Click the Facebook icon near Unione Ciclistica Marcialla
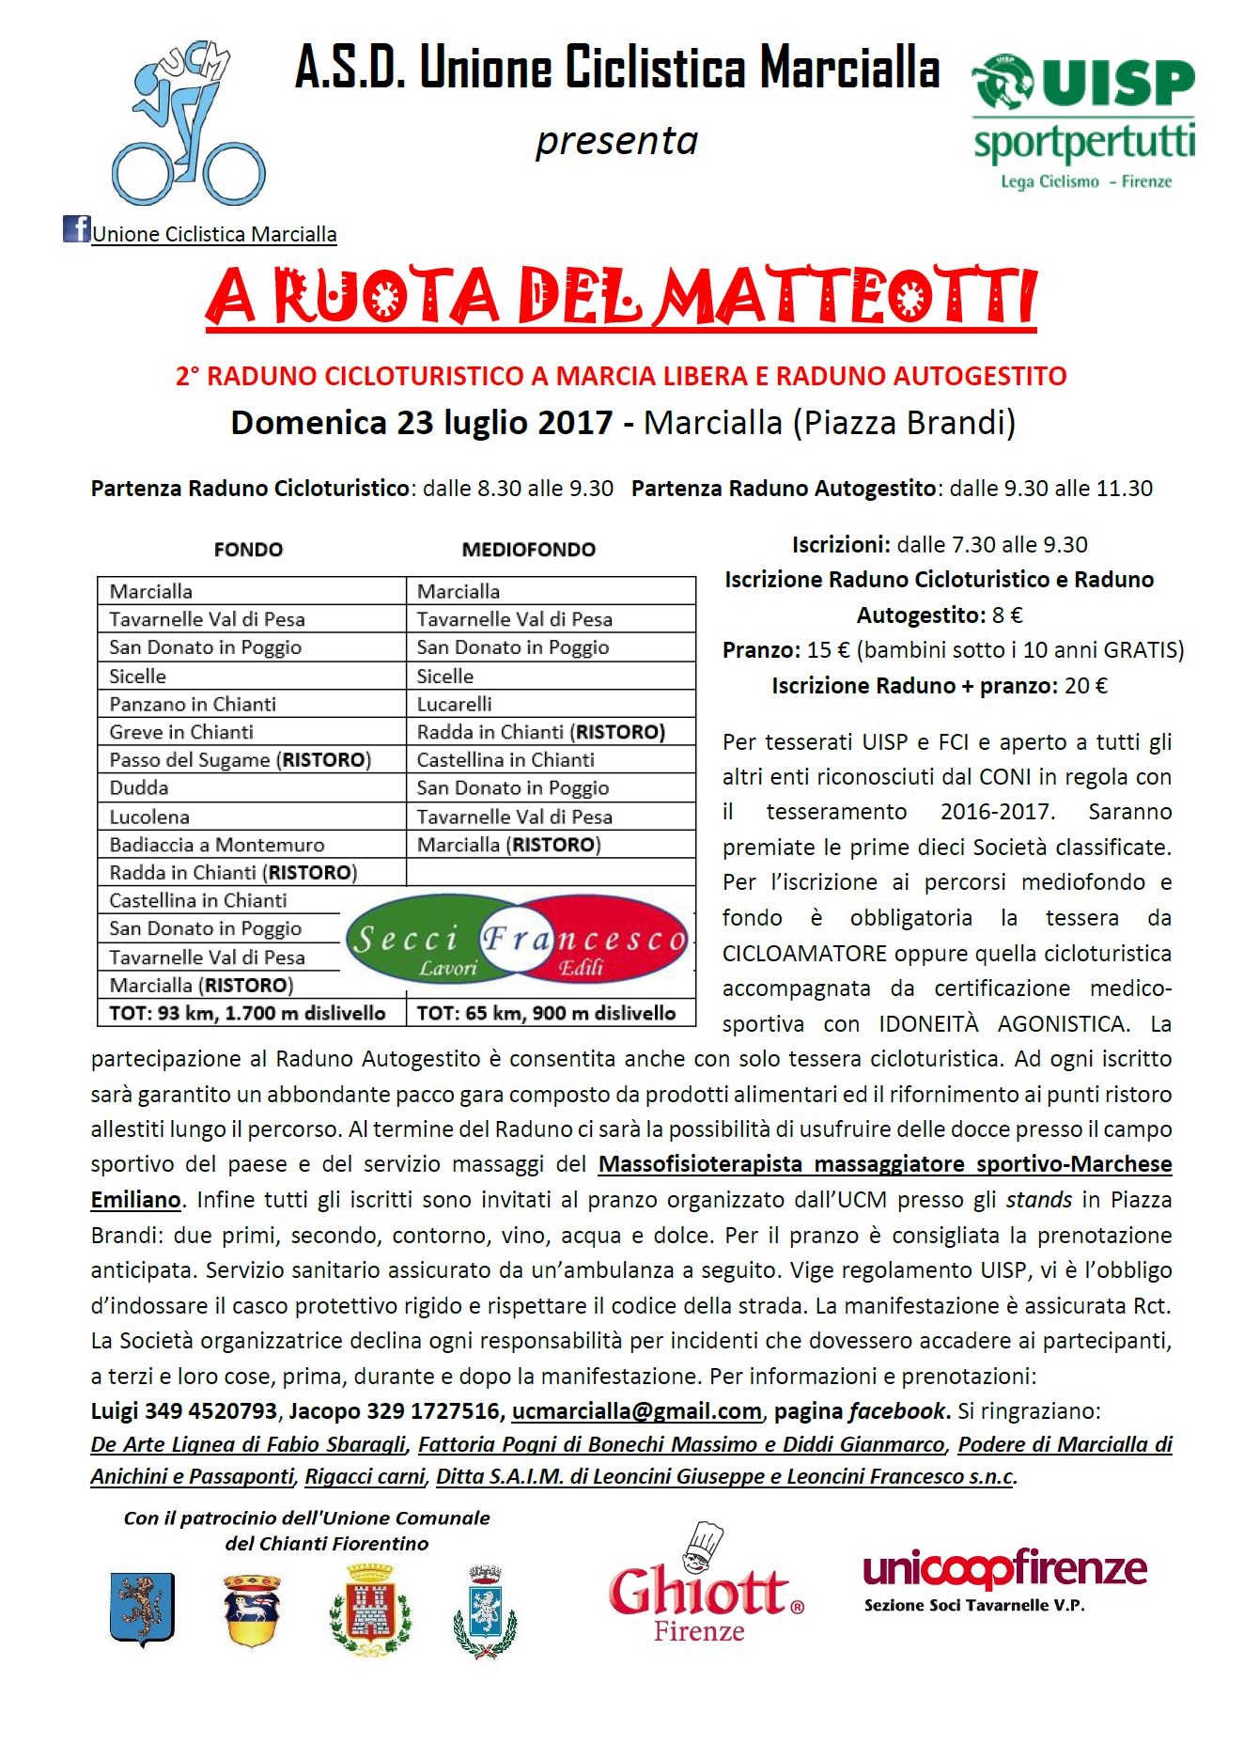pos(76,229)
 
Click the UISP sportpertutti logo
pos(1083,121)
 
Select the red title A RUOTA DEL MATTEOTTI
pos(621,297)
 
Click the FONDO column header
pos(248,550)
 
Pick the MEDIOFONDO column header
pos(528,550)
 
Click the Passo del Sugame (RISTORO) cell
pos(241,760)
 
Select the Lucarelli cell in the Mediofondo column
pos(455,704)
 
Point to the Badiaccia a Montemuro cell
pos(217,845)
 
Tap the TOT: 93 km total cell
pos(248,1013)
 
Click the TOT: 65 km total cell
pos(546,1013)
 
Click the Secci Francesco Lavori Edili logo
pos(518,940)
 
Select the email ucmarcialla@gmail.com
pos(636,1410)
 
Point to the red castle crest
pos(370,1609)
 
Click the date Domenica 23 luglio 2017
pos(422,423)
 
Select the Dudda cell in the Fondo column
pos(139,788)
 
